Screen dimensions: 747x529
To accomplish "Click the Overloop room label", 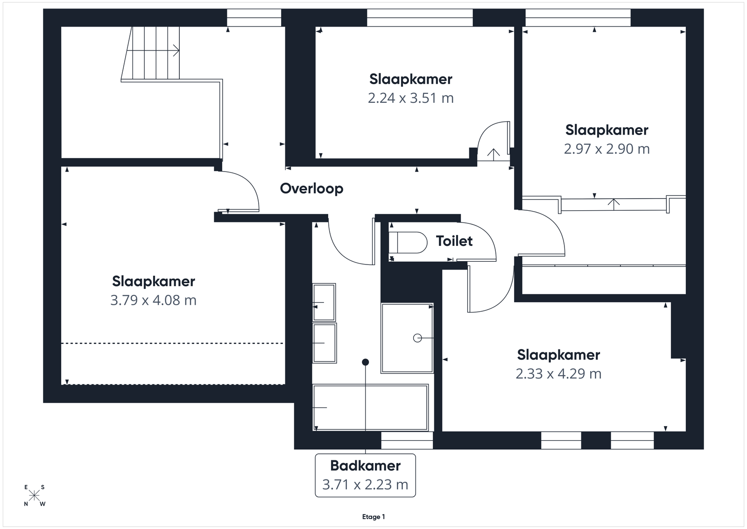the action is pyautogui.click(x=311, y=189).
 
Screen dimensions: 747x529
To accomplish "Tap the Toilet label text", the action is pyautogui.click(x=454, y=241).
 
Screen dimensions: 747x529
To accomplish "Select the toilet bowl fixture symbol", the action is pyautogui.click(x=408, y=243).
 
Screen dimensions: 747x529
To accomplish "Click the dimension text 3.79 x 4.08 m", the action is pyautogui.click(x=154, y=300).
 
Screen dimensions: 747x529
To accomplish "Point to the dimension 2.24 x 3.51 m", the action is pyautogui.click(x=410, y=98).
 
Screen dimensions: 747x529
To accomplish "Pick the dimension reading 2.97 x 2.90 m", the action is pyautogui.click(x=606, y=149).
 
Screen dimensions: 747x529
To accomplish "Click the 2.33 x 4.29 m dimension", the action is pyautogui.click(x=558, y=373).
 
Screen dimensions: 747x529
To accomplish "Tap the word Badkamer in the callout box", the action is pyautogui.click(x=365, y=465).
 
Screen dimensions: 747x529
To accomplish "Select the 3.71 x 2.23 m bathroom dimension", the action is pyautogui.click(x=365, y=485).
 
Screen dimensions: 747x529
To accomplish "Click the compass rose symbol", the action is pyautogui.click(x=34, y=496).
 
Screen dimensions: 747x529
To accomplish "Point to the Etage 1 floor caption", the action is pyautogui.click(x=373, y=517).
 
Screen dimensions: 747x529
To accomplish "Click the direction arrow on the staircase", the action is pyautogui.click(x=153, y=51).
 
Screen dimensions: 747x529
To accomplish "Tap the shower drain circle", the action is pyautogui.click(x=417, y=338).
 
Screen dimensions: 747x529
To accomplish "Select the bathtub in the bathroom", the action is pyautogui.click(x=370, y=407).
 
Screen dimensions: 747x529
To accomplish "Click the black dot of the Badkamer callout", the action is pyautogui.click(x=366, y=362).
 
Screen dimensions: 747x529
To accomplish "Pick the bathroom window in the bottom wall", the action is pyautogui.click(x=407, y=440).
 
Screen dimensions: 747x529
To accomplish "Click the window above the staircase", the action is pyautogui.click(x=254, y=18).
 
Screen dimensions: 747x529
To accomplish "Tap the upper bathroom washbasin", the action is pyautogui.click(x=324, y=302).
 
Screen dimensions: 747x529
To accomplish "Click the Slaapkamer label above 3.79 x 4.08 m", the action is pyautogui.click(x=154, y=281).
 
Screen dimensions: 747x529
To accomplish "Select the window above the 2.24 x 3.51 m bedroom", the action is pyautogui.click(x=420, y=18).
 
